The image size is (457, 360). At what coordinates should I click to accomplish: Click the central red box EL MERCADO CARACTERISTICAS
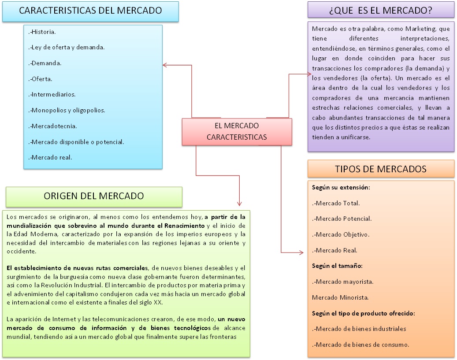[x=237, y=131]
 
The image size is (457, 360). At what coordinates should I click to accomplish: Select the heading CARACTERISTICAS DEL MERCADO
[x=90, y=11]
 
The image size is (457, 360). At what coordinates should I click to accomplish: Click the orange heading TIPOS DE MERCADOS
[x=381, y=169]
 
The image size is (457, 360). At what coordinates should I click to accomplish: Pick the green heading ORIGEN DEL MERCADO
[x=94, y=196]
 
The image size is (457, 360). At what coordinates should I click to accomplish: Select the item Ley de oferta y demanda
[x=67, y=47]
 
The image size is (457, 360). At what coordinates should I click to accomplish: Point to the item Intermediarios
[x=52, y=94]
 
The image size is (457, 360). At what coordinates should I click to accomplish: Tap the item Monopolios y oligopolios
[x=67, y=110]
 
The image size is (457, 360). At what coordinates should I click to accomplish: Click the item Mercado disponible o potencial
[x=76, y=141]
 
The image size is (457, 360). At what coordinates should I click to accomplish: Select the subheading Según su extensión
[x=341, y=187]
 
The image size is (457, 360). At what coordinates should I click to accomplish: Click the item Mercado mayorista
[x=342, y=281]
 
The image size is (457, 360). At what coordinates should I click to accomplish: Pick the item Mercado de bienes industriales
[x=359, y=328]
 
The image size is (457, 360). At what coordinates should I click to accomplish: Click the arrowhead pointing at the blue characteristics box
[x=165, y=65]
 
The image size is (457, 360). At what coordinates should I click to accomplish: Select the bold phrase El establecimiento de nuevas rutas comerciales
[x=77, y=268]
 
